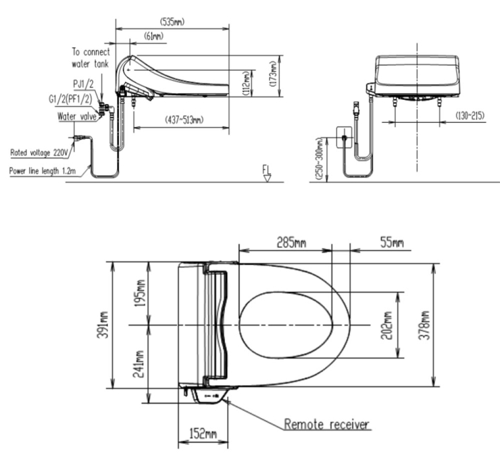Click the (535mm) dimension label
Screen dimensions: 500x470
172,22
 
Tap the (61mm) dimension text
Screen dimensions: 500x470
153,36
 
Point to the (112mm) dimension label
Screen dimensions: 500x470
247,84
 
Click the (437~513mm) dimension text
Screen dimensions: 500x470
184,120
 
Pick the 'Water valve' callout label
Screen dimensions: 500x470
77,116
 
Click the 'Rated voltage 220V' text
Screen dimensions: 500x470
39,153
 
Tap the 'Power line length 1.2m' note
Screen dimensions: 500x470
43,171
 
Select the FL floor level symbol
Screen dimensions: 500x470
267,173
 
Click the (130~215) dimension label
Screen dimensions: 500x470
470,115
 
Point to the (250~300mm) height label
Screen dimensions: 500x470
320,159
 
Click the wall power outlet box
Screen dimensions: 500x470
345,137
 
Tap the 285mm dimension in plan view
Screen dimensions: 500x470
291,242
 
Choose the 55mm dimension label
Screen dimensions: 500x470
392,243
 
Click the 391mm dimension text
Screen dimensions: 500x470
103,325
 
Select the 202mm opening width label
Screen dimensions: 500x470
386,325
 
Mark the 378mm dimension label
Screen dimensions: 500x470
424,325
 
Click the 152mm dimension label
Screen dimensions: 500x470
203,434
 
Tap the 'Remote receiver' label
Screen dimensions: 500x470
326,425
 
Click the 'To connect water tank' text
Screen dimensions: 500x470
91,57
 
